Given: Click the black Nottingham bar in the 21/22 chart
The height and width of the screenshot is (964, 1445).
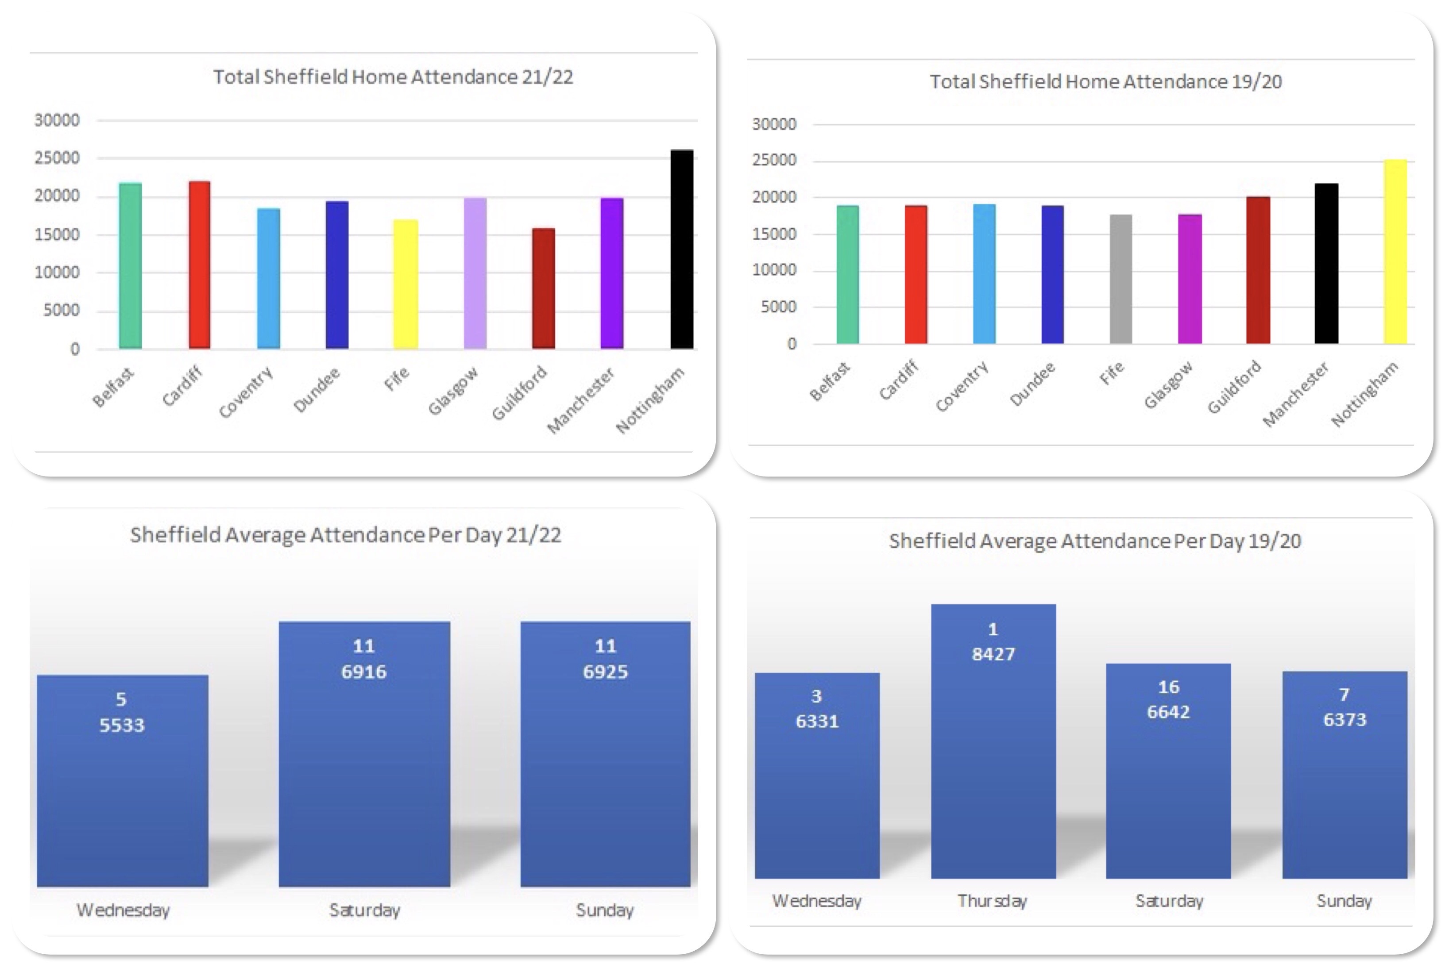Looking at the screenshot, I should click(x=682, y=249).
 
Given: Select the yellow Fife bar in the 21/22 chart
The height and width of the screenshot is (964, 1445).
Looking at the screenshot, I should click(x=406, y=284).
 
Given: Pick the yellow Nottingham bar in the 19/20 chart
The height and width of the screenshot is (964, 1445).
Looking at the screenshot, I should click(x=1395, y=251).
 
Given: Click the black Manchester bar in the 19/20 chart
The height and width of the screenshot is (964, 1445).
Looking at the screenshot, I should click(x=1326, y=263).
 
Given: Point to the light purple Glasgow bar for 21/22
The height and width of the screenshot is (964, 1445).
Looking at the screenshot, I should click(x=475, y=273).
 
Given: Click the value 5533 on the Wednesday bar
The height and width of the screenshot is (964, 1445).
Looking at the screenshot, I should click(x=122, y=725).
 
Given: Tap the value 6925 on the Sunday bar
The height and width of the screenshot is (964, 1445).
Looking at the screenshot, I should click(x=605, y=672).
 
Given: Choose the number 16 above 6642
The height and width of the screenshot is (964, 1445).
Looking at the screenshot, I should click(x=1168, y=687).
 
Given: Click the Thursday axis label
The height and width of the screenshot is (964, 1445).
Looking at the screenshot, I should click(x=992, y=901).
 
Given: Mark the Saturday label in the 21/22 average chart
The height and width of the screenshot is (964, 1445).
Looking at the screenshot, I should click(x=364, y=910).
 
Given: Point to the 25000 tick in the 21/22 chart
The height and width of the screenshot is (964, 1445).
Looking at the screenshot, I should click(x=57, y=158).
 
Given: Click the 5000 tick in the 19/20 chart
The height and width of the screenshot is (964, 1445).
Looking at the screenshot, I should click(x=778, y=307).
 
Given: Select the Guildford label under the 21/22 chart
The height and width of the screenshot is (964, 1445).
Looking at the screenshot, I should click(x=520, y=393).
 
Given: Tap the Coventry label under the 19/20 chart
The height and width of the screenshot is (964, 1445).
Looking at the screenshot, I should click(x=962, y=386).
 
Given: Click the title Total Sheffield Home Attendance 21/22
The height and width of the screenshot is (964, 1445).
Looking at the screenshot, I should click(x=393, y=77).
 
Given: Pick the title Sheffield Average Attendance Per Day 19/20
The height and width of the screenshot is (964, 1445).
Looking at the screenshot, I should click(x=1094, y=541).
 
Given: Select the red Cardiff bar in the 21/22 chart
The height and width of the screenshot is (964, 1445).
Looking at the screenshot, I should click(x=199, y=265).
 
